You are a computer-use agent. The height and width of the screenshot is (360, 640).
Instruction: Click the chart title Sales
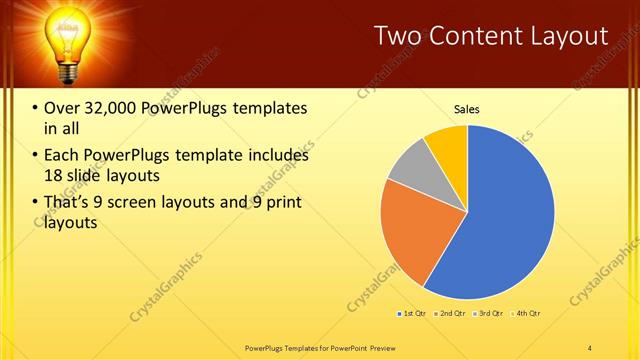click(467, 108)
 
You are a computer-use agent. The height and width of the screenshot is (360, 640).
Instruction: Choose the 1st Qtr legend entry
click(412, 314)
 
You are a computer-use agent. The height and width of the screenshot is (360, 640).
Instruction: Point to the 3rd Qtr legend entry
click(490, 314)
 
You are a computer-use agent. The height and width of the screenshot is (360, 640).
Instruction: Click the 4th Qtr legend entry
click(527, 314)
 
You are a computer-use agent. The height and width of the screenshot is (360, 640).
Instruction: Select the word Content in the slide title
click(476, 37)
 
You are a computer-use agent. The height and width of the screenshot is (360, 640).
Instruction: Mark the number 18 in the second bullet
click(54, 175)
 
